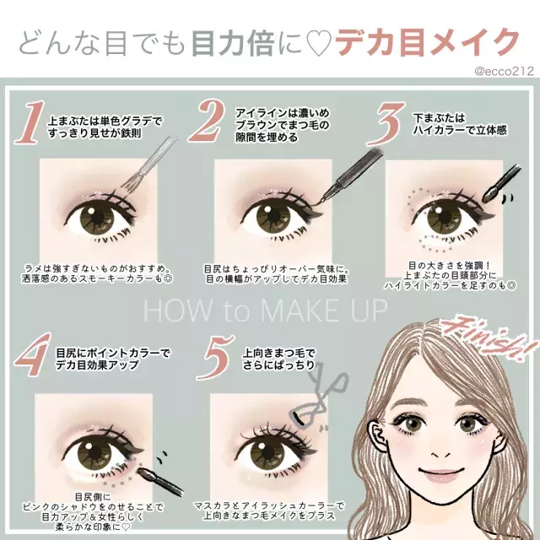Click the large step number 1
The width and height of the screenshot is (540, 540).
tap(30, 122)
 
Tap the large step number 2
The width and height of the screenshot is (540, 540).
tap(208, 121)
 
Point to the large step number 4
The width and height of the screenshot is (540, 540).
tap(33, 354)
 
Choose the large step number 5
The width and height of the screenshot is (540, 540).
tap(217, 358)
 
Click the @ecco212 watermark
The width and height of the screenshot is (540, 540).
tap(504, 71)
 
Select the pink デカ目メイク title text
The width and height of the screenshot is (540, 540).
tap(427, 43)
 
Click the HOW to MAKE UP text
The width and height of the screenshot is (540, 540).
tap(265, 310)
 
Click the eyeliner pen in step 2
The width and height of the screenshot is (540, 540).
tap(351, 176)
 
